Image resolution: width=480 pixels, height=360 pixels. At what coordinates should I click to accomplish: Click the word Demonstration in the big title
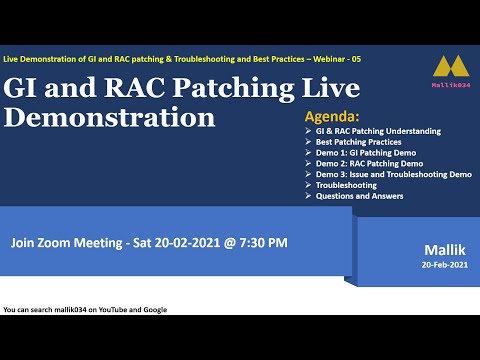(110, 118)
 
